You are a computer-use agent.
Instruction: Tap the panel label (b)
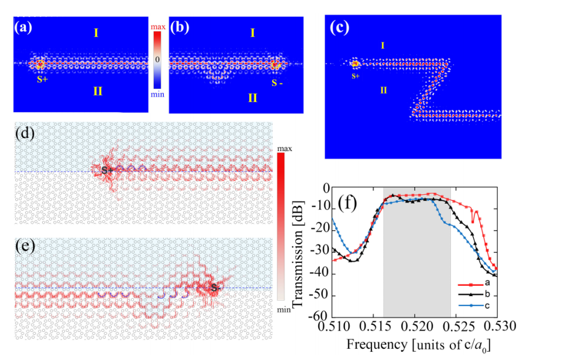179,27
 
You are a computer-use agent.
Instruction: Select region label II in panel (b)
252,97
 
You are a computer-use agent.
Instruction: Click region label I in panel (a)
96,33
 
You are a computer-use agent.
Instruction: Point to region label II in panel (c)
383,90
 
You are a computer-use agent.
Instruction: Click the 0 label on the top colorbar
157,60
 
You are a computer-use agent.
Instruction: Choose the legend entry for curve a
477,287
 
